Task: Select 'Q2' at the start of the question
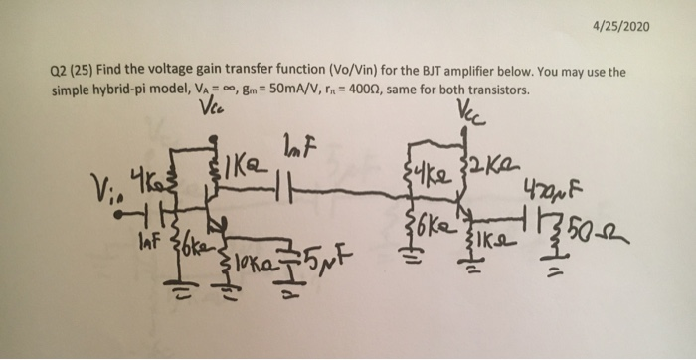(x=58, y=73)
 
